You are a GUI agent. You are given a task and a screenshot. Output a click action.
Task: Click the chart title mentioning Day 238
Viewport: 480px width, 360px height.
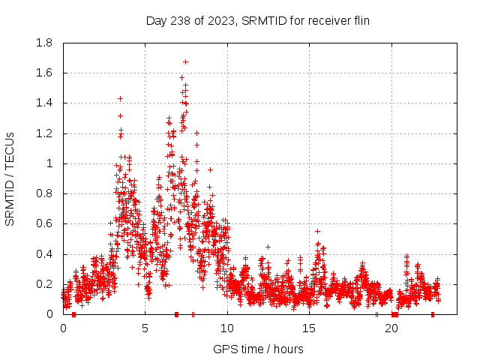click(x=258, y=20)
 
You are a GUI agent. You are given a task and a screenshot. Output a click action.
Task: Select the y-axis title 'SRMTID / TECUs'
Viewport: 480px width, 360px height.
click(x=10, y=178)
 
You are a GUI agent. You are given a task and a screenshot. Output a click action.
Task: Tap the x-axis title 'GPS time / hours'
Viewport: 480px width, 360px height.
click(x=258, y=349)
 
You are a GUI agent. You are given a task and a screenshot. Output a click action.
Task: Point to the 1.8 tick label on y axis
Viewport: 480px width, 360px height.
click(x=44, y=43)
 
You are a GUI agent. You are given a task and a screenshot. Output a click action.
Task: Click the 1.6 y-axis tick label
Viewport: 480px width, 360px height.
click(x=44, y=73)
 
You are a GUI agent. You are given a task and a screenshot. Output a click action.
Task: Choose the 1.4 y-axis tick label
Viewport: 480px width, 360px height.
click(x=44, y=103)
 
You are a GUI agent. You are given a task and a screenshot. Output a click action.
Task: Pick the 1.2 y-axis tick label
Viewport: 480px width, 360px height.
click(x=44, y=133)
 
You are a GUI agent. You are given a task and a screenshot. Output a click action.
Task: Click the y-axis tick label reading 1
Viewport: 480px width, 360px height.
click(x=49, y=163)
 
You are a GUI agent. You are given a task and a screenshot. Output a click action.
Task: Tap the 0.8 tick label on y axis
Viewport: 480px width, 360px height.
click(x=44, y=193)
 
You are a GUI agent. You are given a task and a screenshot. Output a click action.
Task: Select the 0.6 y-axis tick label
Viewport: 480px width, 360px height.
click(x=44, y=223)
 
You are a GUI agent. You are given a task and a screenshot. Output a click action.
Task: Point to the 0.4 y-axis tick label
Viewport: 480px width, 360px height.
click(x=44, y=254)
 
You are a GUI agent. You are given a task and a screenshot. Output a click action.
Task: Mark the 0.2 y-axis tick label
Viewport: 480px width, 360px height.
click(x=44, y=284)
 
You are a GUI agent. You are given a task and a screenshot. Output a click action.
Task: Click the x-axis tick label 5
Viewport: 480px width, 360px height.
click(x=145, y=328)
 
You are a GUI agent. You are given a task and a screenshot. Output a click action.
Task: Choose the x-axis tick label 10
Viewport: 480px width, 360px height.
click(x=227, y=328)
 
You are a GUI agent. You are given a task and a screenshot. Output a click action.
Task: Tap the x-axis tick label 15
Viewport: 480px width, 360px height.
click(x=309, y=328)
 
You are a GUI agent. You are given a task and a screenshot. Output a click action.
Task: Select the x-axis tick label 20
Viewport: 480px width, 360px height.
click(x=391, y=328)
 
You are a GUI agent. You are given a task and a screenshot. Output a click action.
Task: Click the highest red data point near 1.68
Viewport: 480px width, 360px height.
click(x=185, y=61)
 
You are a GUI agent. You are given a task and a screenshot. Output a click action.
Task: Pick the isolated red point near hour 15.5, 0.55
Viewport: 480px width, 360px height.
click(x=318, y=231)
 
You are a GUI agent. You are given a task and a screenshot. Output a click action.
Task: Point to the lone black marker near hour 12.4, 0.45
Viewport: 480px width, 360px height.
click(x=268, y=247)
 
